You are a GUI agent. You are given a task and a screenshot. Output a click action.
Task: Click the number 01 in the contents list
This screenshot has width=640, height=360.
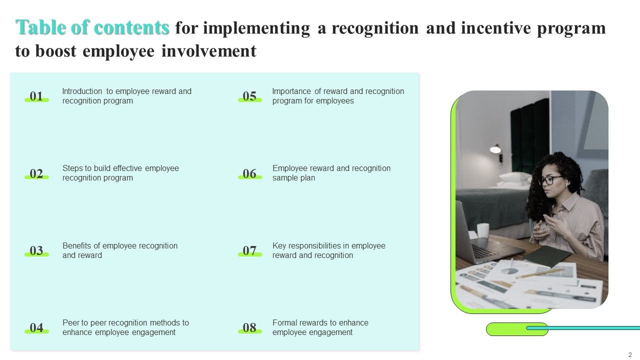point(36,96)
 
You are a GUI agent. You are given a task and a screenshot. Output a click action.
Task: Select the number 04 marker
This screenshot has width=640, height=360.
point(36,328)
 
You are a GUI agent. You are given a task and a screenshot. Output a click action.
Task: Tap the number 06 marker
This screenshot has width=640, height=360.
point(249,173)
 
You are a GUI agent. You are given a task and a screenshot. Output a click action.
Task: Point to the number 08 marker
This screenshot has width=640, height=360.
point(249,328)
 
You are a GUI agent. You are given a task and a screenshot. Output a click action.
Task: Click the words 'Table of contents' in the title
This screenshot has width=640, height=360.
point(93,28)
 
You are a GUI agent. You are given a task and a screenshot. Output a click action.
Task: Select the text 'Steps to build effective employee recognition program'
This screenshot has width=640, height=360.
point(120,173)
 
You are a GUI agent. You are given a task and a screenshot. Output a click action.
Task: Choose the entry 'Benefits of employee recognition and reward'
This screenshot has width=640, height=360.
point(119,250)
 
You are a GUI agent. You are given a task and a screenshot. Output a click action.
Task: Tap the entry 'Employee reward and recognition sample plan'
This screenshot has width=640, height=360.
point(331,173)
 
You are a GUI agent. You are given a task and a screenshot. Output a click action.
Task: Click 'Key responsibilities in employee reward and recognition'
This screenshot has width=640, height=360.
point(328,250)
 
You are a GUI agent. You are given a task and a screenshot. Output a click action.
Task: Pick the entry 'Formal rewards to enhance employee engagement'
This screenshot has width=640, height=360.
point(320,327)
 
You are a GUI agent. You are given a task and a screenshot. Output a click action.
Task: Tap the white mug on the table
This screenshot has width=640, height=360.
point(483,230)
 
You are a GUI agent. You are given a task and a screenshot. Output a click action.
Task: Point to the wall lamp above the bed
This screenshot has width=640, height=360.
point(495,148)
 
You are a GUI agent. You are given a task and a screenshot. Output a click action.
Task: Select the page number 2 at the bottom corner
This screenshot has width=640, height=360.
point(630,354)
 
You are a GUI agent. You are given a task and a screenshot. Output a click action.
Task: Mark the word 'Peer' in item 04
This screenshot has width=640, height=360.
point(70,323)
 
